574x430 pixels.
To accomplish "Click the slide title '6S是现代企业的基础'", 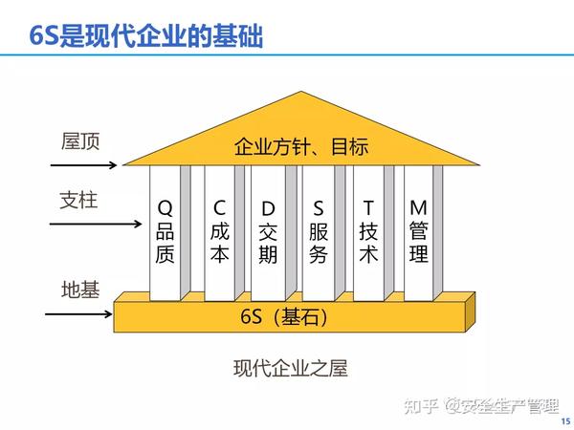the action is [146, 36].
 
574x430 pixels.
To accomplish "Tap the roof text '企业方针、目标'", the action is [301, 146].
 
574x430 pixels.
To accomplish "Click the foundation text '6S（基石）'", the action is [284, 316].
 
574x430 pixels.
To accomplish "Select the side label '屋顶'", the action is [80, 141].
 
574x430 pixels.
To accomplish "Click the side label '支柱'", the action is [78, 200].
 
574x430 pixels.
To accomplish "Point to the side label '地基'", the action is [80, 290].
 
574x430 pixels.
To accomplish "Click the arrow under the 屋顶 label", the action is [83, 165].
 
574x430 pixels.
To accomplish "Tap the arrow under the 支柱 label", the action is [96, 224].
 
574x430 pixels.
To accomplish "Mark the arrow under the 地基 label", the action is [78, 313].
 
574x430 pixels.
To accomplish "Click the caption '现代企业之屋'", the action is [290, 368].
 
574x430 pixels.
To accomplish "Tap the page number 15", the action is [565, 421].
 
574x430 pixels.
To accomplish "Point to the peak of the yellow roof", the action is [301, 92].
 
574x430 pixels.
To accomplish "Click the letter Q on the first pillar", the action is [165, 208].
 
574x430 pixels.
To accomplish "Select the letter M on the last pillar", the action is [418, 207].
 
